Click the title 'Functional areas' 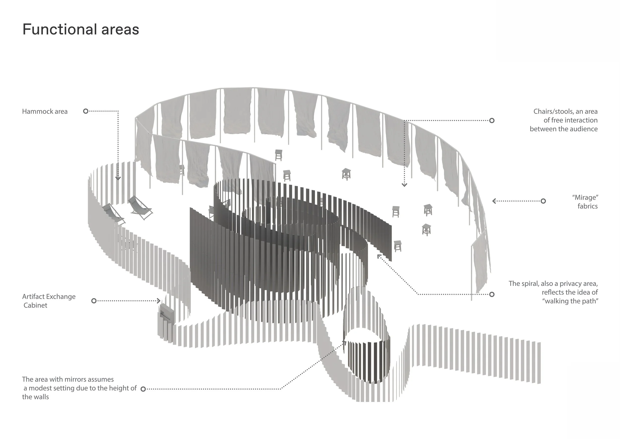pyautogui.click(x=81, y=29)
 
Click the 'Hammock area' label pyautogui.click(x=45, y=111)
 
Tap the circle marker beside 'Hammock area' pyautogui.click(x=86, y=111)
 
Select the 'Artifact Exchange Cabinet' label pyautogui.click(x=49, y=301)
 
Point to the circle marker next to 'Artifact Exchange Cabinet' pyautogui.click(x=94, y=301)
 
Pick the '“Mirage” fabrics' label pyautogui.click(x=585, y=202)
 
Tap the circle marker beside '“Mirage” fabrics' pyautogui.click(x=543, y=201)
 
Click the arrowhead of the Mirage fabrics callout pyautogui.click(x=494, y=201)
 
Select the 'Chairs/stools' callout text pyautogui.click(x=564, y=120)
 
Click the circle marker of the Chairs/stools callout pyautogui.click(x=492, y=121)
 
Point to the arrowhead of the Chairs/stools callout pyautogui.click(x=404, y=185)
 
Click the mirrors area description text pyautogui.click(x=79, y=388)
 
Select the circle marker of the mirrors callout pyautogui.click(x=143, y=389)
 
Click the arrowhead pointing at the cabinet pyautogui.click(x=159, y=301)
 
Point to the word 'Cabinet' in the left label pyautogui.click(x=35, y=305)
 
